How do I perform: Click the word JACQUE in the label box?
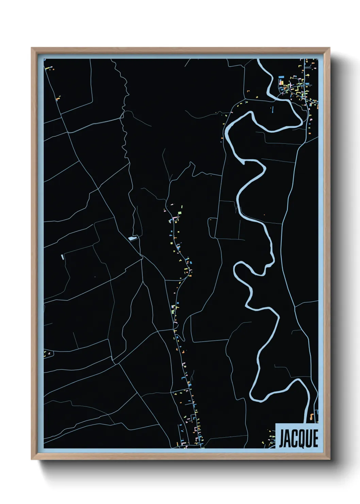[298, 438]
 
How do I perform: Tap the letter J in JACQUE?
[282, 439]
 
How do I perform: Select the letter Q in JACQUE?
[301, 439]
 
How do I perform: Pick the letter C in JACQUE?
[294, 438]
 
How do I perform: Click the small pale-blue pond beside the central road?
[132, 238]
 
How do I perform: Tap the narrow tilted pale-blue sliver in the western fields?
[62, 257]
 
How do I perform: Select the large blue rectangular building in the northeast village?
[281, 82]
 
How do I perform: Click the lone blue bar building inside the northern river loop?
[272, 109]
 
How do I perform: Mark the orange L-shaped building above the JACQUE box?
[311, 416]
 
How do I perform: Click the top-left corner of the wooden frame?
[32, 48]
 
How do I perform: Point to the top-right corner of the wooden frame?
[329, 48]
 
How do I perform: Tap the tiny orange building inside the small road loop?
[211, 220]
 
